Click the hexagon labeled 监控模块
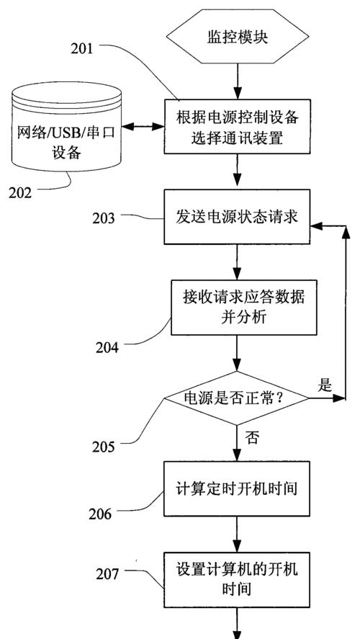click(238, 37)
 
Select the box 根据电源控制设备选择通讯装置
click(238, 126)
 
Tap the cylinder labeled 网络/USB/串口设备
click(66, 127)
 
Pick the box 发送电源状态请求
click(238, 217)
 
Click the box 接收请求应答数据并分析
click(243, 308)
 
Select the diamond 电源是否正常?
click(237, 398)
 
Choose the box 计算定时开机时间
click(238, 488)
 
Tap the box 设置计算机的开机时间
click(238, 580)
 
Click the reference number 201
click(82, 48)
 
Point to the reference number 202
click(20, 192)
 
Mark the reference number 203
click(104, 218)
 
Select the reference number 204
click(107, 348)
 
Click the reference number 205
click(104, 447)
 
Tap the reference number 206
click(100, 514)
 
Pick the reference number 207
click(107, 574)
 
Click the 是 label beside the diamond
click(325, 385)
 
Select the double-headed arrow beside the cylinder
click(143, 127)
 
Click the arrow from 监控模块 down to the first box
click(238, 81)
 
